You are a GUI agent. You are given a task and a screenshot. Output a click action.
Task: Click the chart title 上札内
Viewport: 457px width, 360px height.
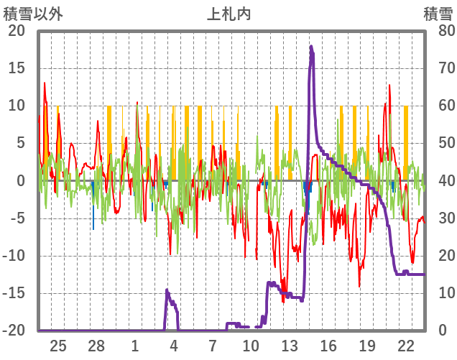[228, 14]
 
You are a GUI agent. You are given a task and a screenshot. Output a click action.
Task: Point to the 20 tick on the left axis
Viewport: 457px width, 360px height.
[17, 31]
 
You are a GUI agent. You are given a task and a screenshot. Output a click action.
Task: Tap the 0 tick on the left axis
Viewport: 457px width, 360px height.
[21, 180]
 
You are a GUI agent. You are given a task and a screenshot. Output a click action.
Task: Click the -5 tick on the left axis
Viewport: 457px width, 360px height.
[17, 218]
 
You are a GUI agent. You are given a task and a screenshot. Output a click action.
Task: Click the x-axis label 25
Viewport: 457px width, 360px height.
[58, 346]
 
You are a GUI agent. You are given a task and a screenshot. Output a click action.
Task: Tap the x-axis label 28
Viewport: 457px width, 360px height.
[96, 346]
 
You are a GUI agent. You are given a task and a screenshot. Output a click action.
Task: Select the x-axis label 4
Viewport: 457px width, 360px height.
[174, 346]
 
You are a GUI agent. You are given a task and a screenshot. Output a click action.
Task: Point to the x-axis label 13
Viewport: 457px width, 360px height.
[290, 346]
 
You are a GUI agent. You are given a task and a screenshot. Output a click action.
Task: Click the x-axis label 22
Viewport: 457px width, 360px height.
[405, 346]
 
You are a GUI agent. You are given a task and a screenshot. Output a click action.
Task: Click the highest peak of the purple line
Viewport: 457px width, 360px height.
[311, 47]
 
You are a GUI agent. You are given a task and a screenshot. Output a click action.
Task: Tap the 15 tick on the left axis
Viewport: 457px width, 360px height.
[17, 68]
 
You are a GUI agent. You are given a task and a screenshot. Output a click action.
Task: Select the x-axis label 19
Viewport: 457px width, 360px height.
[366, 346]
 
